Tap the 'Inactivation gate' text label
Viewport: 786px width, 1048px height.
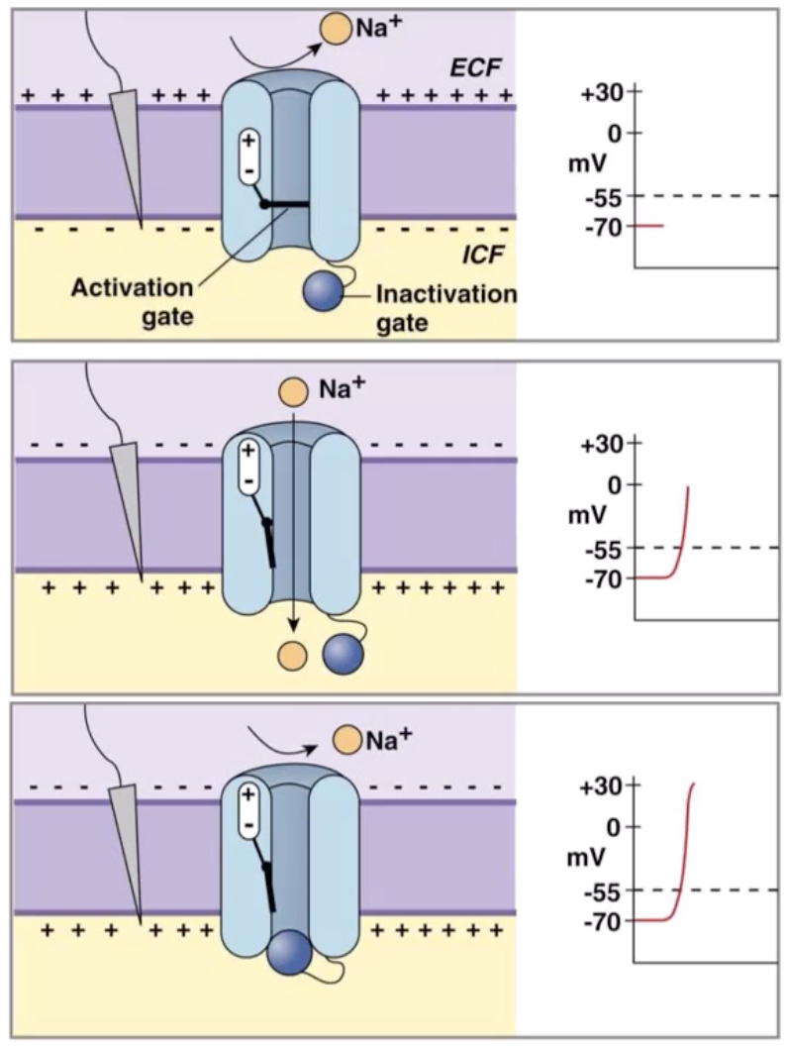446,308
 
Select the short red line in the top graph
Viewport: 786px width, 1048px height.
649,226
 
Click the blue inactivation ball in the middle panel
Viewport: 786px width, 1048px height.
344,655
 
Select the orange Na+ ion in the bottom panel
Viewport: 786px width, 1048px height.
346,739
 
